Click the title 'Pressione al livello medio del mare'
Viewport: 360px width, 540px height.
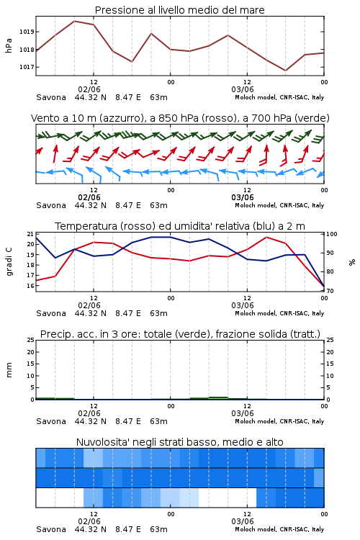coord(179,10)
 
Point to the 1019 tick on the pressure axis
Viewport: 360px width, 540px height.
coord(27,32)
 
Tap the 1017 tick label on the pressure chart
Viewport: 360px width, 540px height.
coord(27,67)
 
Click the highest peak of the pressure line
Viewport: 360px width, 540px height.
coord(74,21)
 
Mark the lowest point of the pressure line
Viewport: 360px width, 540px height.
coord(285,71)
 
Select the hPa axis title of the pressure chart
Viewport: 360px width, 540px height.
coord(9,45)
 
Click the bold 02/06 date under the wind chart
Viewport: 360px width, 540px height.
coord(89,197)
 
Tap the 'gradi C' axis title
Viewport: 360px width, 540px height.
coord(9,261)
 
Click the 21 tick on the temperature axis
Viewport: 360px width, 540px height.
coord(30,234)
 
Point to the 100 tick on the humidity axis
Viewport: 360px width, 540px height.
coord(332,234)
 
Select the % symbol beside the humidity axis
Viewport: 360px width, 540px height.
coord(352,262)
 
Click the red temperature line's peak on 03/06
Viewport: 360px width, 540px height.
coord(266,237)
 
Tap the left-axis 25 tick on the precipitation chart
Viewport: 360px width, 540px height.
coord(30,340)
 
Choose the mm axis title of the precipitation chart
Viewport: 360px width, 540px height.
coord(9,370)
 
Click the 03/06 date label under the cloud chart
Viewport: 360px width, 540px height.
coord(243,521)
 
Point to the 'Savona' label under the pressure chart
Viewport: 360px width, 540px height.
coord(51,97)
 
